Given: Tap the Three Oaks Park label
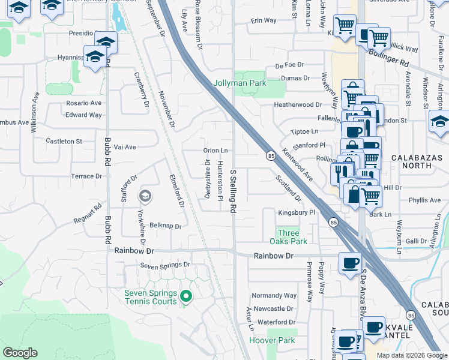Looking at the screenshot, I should coord(292,237).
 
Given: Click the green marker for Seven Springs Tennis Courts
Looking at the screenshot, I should coord(186,296).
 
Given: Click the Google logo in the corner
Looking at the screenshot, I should coord(20,353).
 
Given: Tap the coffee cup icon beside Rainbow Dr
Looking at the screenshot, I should coord(350,262).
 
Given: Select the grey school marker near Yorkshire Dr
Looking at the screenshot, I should coord(145,196).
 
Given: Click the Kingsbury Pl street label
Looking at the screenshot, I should coord(297,213).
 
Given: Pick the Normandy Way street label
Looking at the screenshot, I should coord(274,295).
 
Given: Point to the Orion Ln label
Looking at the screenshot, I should coord(216,151).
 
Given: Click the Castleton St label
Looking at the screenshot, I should coord(64,141).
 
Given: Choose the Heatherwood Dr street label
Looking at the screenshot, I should coord(298,104).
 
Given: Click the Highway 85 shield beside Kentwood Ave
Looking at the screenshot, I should coord(271,156).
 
